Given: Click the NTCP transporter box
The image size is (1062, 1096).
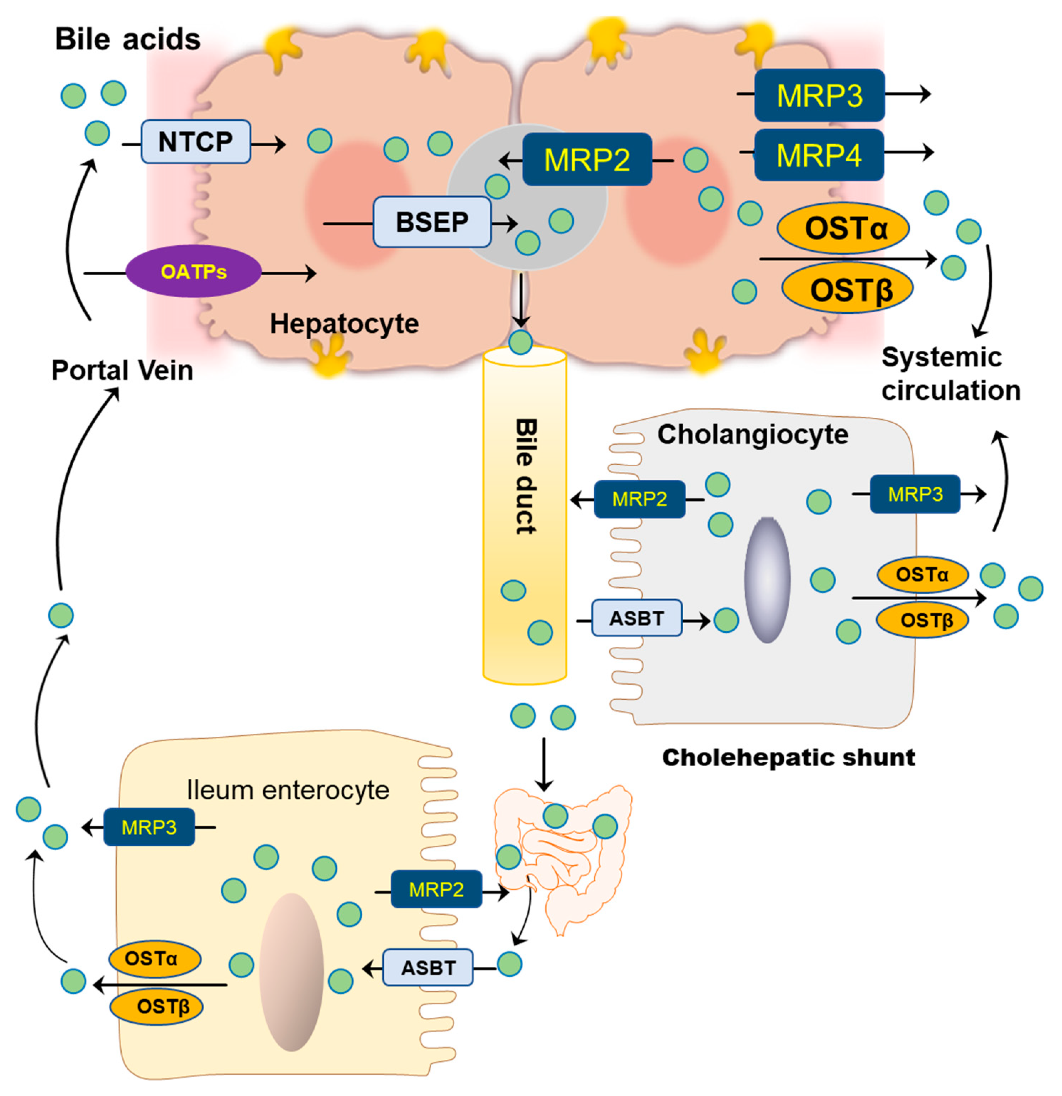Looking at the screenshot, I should pos(196,141).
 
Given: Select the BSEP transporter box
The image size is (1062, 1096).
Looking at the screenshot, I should pos(431,222).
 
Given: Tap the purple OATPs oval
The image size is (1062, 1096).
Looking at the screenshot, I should pos(193,271).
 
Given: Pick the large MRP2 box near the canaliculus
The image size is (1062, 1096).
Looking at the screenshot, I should pos(587,160).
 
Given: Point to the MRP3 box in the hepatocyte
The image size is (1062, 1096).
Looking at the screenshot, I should pos(819,95).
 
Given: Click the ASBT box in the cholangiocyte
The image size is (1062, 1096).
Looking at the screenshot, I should pos(637,618).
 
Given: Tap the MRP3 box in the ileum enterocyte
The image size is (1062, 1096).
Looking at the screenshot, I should pos(149,826).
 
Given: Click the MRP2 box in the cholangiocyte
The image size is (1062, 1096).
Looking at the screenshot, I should pos(640,499).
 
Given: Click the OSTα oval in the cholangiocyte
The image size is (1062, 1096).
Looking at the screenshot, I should pos(922,574).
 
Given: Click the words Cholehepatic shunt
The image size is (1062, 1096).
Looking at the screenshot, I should pos(788,758).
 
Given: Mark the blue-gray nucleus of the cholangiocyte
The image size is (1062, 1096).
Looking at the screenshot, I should pos(767,580).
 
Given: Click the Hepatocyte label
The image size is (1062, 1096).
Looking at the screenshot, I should pos(344,323).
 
